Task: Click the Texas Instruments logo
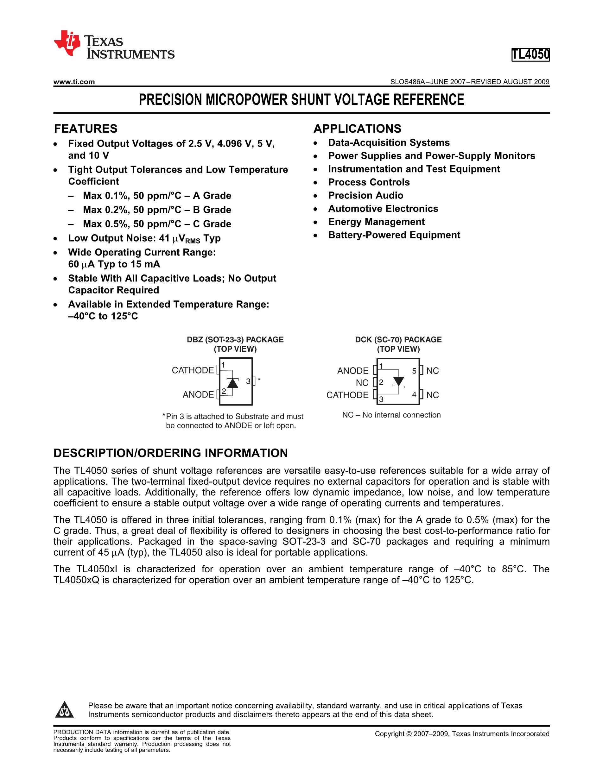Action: point(114,44)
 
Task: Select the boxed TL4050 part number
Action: point(530,55)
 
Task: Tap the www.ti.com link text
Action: point(74,82)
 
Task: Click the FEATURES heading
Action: point(86,129)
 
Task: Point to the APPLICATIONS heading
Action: point(357,129)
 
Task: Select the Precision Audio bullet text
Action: point(366,195)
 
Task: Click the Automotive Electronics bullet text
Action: point(383,209)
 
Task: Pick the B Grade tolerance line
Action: point(157,210)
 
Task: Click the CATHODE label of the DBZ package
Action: point(193,370)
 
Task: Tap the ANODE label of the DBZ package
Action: point(198,395)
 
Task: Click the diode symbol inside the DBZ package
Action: point(232,383)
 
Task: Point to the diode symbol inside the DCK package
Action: point(398,381)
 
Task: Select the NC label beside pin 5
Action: point(433,371)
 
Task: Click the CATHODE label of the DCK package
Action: point(347,395)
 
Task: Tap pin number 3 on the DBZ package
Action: point(248,381)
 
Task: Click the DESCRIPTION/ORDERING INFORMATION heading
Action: point(170,453)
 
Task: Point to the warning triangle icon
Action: point(64,710)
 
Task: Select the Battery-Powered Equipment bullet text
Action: point(394,235)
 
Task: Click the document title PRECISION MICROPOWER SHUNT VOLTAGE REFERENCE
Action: point(301,100)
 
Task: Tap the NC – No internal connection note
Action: point(391,415)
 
